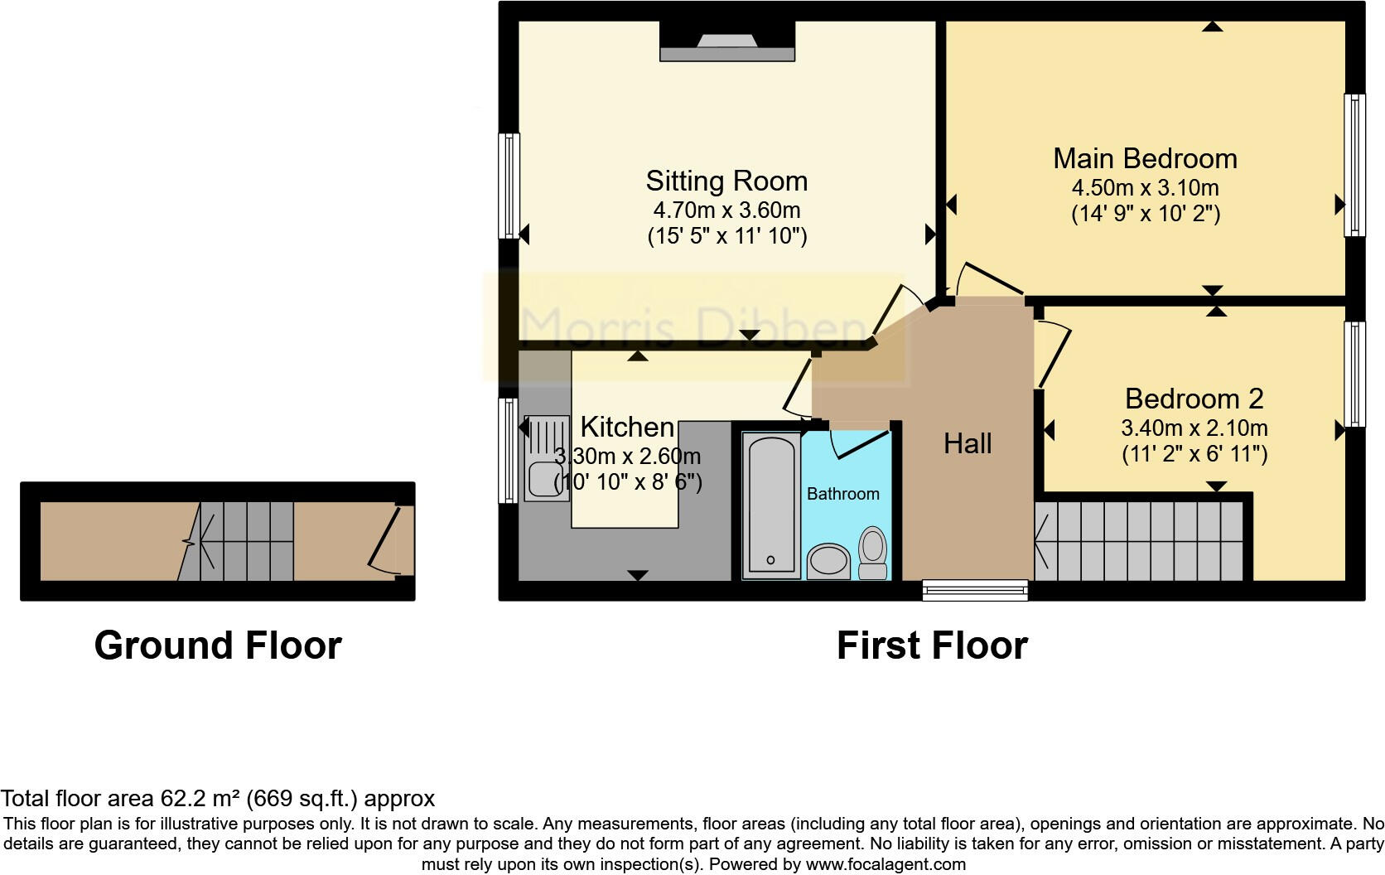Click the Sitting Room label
(726, 181)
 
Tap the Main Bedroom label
(1145, 158)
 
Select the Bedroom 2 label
(1194, 399)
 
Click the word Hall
(967, 443)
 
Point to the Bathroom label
(842, 494)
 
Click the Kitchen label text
(627, 427)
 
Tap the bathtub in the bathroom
(771, 505)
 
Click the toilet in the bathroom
(872, 553)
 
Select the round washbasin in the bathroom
(828, 561)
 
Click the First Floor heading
(932, 645)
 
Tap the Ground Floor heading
(218, 645)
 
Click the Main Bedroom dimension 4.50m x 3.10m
(1145, 187)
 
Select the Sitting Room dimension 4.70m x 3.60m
(726, 210)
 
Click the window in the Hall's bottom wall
(975, 590)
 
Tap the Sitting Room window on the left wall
(509, 186)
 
